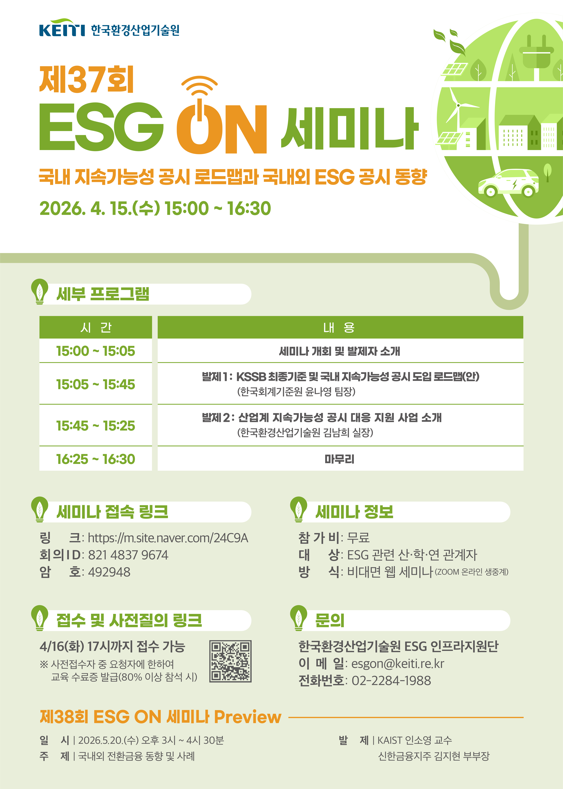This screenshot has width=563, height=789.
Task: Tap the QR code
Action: [x=230, y=661]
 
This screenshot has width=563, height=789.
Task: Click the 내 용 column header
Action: [x=340, y=327]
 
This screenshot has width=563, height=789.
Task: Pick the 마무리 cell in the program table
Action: [x=340, y=459]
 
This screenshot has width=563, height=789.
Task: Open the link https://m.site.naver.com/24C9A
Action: [x=168, y=538]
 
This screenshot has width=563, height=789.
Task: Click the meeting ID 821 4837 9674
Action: [x=128, y=555]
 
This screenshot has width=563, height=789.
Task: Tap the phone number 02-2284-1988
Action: [x=391, y=680]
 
